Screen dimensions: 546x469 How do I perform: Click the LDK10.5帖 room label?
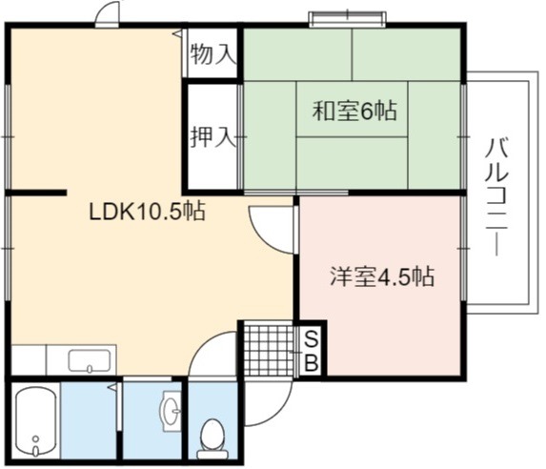click(x=148, y=212)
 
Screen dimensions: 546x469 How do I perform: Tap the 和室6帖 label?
click(x=354, y=111)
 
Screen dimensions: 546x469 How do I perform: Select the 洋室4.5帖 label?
click(x=382, y=276)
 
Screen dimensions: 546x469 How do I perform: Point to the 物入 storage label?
click(x=213, y=54)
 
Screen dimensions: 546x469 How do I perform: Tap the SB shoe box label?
click(x=312, y=351)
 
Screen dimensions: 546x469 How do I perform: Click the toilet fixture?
click(x=212, y=438)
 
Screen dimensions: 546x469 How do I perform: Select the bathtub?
click(x=36, y=421)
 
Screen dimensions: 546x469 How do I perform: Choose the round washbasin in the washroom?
click(x=171, y=411)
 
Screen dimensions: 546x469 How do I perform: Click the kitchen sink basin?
click(x=90, y=360)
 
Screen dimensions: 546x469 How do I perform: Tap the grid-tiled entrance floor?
click(x=269, y=350)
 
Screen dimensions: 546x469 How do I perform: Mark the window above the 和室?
click(x=348, y=19)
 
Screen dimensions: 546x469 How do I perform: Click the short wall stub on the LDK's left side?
click(x=36, y=193)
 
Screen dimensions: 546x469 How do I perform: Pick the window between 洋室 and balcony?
click(x=463, y=248)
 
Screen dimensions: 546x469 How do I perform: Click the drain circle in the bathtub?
click(x=35, y=438)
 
